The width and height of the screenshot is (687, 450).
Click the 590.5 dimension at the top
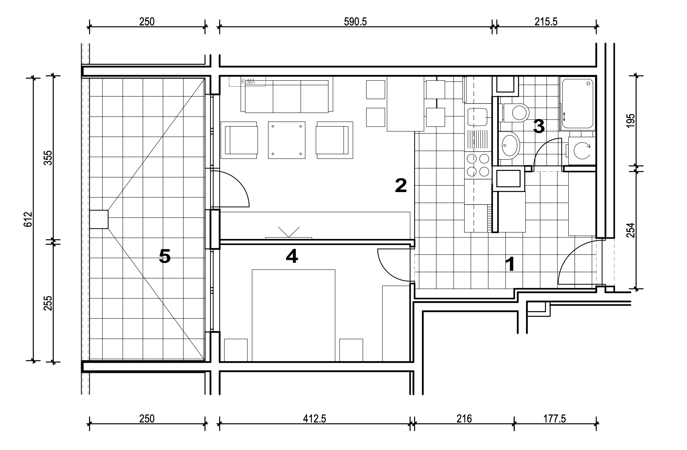coord(355,22)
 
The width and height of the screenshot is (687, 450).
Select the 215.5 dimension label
coord(546,22)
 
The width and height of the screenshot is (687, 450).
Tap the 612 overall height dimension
coord(28,219)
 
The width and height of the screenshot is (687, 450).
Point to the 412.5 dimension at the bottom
coord(314,419)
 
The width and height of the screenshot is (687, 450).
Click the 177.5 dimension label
coord(554,419)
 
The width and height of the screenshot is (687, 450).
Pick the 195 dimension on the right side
coord(631,121)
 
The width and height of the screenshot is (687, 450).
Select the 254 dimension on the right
coord(631,230)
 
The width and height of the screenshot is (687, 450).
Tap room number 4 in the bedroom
coord(292,256)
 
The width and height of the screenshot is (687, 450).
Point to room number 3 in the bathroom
coord(539,126)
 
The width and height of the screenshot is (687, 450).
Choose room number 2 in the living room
coord(401,185)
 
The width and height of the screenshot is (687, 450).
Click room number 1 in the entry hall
coord(510,264)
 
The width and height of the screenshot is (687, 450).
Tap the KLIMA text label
coord(248,82)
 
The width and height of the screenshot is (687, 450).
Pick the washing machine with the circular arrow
coord(582,151)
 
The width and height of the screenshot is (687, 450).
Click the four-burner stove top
coord(478,165)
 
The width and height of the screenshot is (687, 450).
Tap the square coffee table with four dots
coord(287,140)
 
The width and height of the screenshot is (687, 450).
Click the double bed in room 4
coord(294,315)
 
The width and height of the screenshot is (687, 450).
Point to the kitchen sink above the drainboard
coord(477,117)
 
